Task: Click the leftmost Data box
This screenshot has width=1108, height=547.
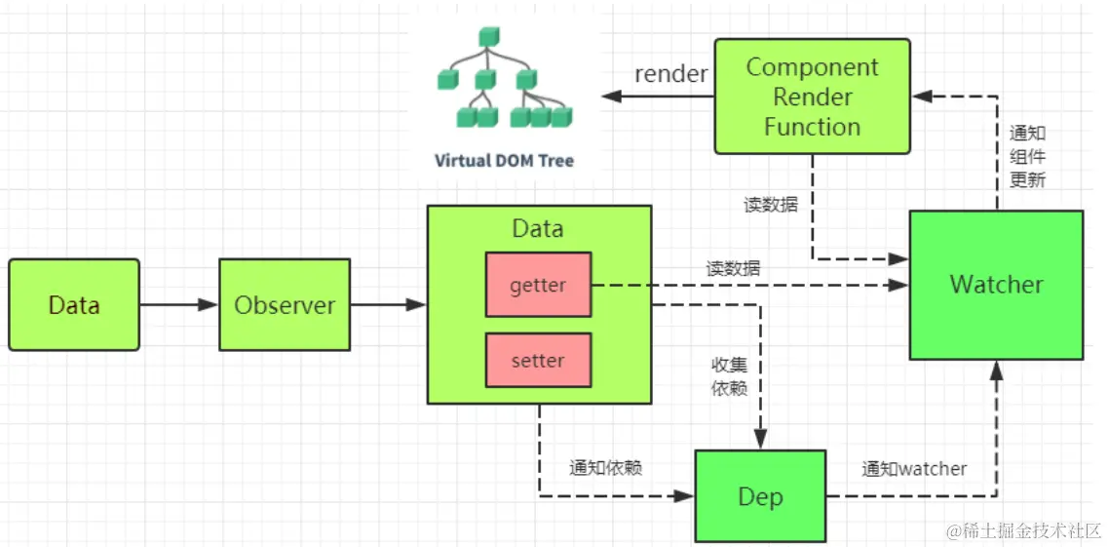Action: [x=74, y=305]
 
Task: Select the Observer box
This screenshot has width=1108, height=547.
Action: [x=285, y=305]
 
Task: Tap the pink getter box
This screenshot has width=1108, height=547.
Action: [x=538, y=285]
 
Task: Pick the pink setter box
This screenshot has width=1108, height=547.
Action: [x=538, y=360]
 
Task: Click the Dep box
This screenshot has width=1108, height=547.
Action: [x=760, y=496]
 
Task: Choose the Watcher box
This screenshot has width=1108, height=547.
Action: [x=996, y=285]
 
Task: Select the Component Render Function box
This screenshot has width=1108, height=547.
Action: [x=812, y=97]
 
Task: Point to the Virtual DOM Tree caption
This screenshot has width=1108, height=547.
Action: [x=504, y=161]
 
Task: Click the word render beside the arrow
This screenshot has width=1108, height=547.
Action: [x=671, y=74]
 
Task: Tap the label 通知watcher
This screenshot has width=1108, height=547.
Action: [x=914, y=469]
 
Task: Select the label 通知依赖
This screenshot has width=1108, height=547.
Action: [x=606, y=468]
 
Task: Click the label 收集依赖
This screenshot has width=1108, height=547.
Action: [x=729, y=375]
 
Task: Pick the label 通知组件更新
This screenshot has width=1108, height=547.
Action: [x=1027, y=157]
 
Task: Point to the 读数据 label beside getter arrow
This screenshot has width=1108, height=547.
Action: [x=734, y=268]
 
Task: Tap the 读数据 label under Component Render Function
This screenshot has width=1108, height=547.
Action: [x=770, y=206]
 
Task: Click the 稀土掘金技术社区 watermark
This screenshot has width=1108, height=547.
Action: [x=1023, y=530]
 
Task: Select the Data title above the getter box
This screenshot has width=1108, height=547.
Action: [x=538, y=229]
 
